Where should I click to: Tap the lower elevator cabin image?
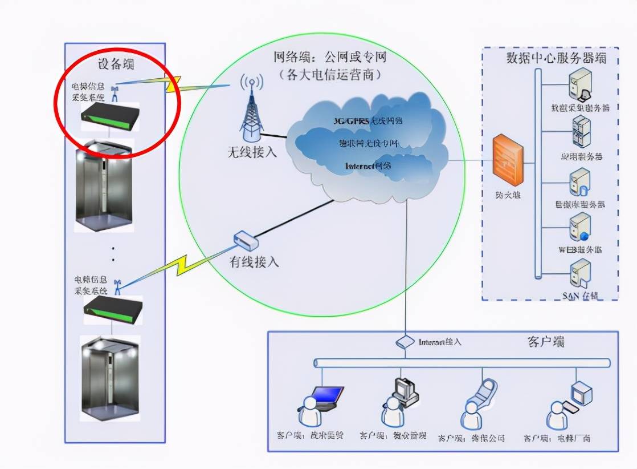(x=108, y=377)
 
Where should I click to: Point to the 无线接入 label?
(x=252, y=152)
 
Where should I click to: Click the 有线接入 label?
(x=254, y=262)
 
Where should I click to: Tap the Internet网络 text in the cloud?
(x=368, y=166)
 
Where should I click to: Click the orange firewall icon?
(x=508, y=160)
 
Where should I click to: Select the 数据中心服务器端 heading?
(x=556, y=58)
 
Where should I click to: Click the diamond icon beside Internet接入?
(x=405, y=342)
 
